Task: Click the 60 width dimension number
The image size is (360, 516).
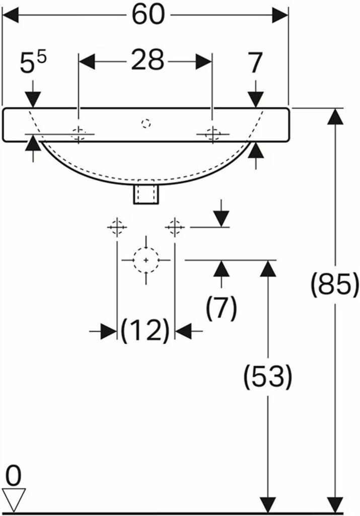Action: [x=148, y=15]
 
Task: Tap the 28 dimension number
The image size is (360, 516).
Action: [x=147, y=60]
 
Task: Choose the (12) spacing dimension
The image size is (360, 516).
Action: [x=145, y=330]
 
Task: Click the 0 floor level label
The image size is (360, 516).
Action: [x=14, y=476]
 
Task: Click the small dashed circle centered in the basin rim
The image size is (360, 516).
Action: [x=146, y=123]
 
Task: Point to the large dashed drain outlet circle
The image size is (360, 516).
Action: [x=146, y=260]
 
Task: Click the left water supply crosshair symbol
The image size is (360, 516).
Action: [x=117, y=227]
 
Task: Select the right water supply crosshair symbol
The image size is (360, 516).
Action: [x=175, y=227]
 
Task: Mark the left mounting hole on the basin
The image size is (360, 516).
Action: [x=79, y=134]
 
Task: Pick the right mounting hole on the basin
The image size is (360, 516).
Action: [x=212, y=134]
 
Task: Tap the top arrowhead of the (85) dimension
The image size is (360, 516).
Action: [x=335, y=116]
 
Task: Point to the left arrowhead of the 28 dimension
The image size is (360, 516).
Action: [x=87, y=61]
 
